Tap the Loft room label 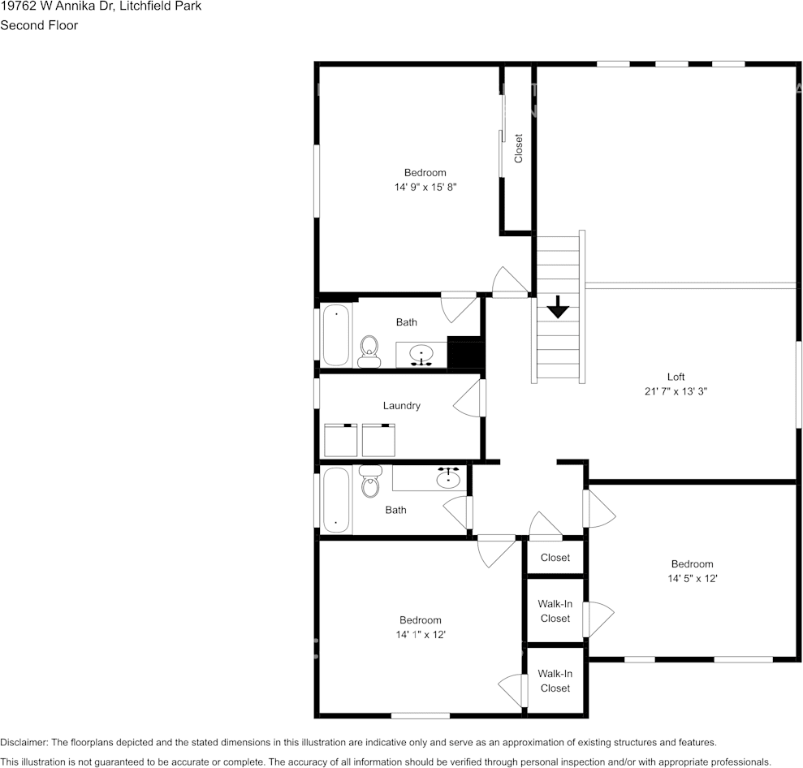tap(676, 377)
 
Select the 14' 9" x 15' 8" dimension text tap(425, 187)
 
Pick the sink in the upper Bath tap(421, 355)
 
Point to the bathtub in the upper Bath tap(335, 334)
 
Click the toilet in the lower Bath tap(370, 482)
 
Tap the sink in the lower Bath tap(448, 478)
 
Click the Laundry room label tap(402, 405)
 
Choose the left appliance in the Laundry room tap(342, 440)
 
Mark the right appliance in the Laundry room tap(378, 440)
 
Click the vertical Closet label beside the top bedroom tap(518, 149)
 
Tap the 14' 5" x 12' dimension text tap(692, 579)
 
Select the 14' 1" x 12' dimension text tap(421, 635)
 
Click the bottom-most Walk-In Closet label tap(555, 681)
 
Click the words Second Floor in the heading tap(39, 25)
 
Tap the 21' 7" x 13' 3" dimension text tap(676, 391)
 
